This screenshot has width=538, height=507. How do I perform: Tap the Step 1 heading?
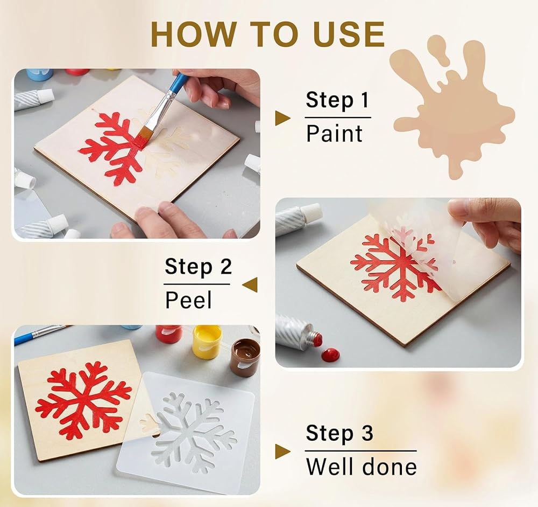(337, 100)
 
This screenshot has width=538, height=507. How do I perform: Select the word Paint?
(334, 133)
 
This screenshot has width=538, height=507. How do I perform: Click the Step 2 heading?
(198, 266)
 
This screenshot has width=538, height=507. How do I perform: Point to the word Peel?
(188, 300)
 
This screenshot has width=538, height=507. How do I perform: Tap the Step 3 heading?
(339, 433)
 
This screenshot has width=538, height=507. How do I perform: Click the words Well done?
(361, 466)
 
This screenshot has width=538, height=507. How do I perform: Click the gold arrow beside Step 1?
(282, 118)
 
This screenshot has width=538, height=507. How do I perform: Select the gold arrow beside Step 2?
(250, 285)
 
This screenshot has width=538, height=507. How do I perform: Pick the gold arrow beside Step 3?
(282, 452)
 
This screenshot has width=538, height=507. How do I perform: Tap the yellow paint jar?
(207, 342)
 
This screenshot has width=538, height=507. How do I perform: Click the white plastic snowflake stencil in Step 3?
(186, 425)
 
